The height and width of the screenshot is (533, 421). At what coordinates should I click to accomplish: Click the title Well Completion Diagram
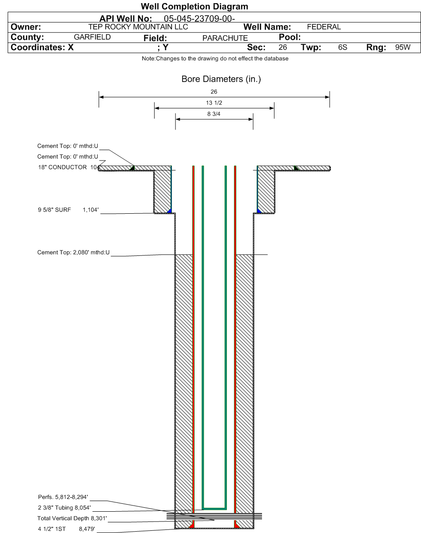click(194, 7)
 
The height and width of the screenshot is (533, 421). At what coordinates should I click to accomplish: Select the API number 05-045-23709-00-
click(199, 19)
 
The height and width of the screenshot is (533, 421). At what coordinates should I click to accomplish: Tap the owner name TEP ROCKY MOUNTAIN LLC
click(138, 27)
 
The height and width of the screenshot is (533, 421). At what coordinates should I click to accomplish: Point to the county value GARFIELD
click(92, 37)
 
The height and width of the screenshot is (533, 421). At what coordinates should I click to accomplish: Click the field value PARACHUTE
click(225, 38)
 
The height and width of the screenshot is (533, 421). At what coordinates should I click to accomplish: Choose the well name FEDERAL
click(324, 27)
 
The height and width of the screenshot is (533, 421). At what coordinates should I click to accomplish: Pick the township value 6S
click(342, 47)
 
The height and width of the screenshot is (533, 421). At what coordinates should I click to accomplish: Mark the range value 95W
click(403, 47)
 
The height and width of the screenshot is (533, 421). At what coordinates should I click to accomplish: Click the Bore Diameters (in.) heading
click(221, 79)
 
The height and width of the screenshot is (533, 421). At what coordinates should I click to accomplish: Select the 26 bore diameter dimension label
click(214, 92)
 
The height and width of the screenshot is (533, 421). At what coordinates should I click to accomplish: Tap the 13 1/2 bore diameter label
click(214, 103)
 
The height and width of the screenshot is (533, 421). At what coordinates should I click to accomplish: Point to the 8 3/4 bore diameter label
click(214, 114)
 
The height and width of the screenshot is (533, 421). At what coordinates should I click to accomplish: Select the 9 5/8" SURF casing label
click(54, 210)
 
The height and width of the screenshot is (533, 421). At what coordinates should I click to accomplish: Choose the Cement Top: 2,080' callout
click(73, 252)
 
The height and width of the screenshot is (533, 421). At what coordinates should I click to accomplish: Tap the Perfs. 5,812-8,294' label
click(63, 497)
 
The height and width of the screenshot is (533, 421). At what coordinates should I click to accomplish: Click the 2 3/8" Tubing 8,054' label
click(64, 507)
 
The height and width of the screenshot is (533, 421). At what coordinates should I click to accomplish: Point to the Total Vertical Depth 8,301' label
click(72, 518)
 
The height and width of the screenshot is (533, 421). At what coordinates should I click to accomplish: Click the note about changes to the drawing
click(215, 59)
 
